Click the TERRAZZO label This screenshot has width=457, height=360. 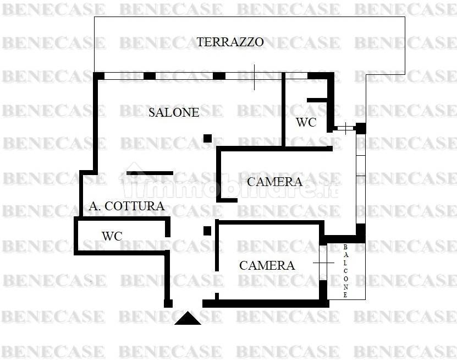click(230, 42)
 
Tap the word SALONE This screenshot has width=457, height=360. click(174, 113)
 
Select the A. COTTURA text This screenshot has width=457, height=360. click(126, 206)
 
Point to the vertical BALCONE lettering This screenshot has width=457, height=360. click(346, 271)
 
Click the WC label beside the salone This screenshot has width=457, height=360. click(306, 123)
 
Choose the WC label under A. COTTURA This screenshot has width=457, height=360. click(112, 236)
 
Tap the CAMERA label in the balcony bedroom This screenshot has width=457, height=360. click(267, 266)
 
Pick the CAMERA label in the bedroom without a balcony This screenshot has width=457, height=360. click(274, 182)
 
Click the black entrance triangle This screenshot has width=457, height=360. click(188, 318)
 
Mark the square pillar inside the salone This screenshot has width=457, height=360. click(207, 138)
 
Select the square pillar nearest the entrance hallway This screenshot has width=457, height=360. click(207, 231)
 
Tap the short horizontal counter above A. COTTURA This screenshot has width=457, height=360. click(150, 173)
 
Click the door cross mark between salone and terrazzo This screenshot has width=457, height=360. click(255, 77)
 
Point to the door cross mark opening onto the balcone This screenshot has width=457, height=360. click(323, 263)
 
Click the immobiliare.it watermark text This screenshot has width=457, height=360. click(231, 187)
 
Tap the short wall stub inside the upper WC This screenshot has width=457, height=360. click(318, 100)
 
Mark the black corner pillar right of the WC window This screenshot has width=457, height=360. click(361, 128)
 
